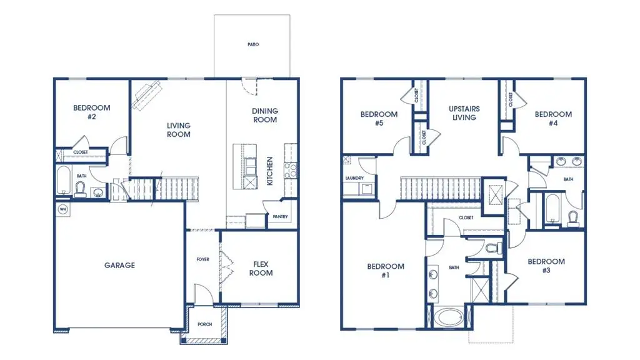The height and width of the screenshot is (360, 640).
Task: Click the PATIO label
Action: coord(252,45)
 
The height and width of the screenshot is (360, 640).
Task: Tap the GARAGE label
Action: coord(119,266)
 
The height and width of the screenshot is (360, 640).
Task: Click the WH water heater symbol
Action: coord(62,209)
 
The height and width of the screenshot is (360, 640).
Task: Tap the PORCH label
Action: coord(204,324)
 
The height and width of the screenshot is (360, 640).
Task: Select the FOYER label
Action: coord(202,259)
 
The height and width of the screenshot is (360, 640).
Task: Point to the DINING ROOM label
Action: coord(265,116)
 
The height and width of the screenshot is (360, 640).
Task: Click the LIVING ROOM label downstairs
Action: coord(178,130)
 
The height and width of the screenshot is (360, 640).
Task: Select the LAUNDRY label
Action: coord(354,178)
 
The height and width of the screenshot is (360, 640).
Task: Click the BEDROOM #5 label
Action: coord(379,119)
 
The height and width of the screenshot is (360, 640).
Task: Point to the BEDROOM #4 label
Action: coord(553,119)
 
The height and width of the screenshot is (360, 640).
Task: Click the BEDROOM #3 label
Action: coord(546,266)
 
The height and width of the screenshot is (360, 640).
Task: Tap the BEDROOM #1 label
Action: coord(385,271)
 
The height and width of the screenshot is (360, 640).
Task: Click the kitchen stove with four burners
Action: coord(291,170)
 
